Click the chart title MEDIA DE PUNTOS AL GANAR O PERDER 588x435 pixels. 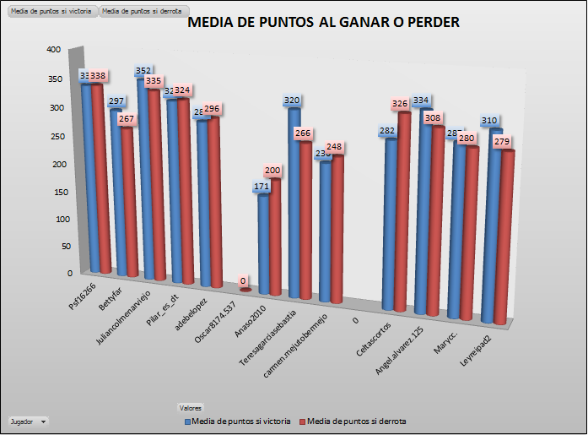(x=323, y=23)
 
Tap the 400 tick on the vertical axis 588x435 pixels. (x=53, y=50)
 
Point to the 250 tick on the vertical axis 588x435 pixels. (x=53, y=135)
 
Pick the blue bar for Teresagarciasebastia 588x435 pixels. (x=293, y=203)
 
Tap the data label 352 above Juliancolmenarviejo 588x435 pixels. (x=143, y=71)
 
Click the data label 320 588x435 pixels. (x=292, y=101)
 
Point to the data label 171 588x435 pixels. (x=262, y=186)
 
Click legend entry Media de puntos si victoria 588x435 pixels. (x=238, y=421)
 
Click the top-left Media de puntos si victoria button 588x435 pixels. (x=50, y=11)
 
